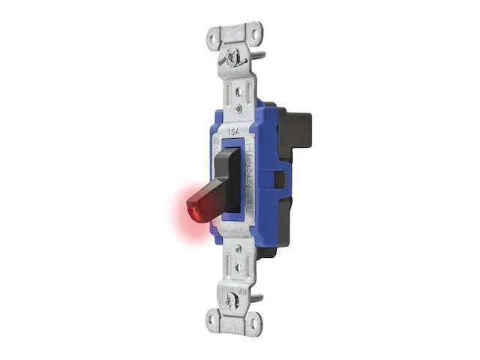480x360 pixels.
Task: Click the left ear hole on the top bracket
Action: pos(215,36)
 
